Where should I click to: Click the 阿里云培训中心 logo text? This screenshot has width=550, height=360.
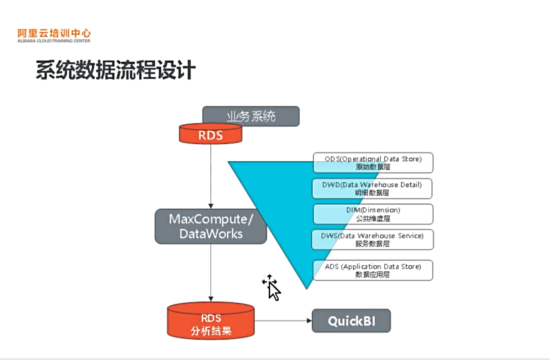pyautogui.click(x=54, y=33)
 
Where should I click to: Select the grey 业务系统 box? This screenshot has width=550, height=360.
pyautogui.click(x=251, y=116)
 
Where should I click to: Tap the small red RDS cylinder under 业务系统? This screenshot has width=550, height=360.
pyautogui.click(x=211, y=134)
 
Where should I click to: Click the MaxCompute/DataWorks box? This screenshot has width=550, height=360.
pyautogui.click(x=211, y=226)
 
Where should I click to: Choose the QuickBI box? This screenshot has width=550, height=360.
pyautogui.click(x=351, y=321)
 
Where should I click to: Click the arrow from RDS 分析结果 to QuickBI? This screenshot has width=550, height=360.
pyautogui.click(x=283, y=321)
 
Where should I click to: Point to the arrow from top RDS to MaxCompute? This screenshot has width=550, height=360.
pyautogui.click(x=211, y=176)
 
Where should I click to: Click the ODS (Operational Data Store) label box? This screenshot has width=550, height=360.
pyautogui.click(x=373, y=163)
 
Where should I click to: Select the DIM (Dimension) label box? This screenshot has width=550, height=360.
pyautogui.click(x=373, y=214)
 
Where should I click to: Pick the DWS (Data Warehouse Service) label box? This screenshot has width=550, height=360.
pyautogui.click(x=373, y=239)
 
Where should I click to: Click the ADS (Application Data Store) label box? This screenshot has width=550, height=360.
pyautogui.click(x=373, y=270)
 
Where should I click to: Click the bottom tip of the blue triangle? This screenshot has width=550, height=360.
pyautogui.click(x=307, y=287)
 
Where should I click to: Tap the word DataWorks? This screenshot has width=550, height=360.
pyautogui.click(x=211, y=234)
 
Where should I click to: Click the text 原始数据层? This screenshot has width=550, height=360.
pyautogui.click(x=373, y=167)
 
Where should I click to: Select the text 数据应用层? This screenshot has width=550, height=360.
pyautogui.click(x=373, y=275)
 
